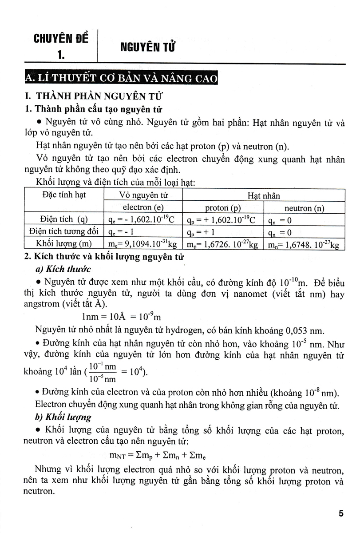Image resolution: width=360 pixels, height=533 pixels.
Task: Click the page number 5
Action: click(341, 513)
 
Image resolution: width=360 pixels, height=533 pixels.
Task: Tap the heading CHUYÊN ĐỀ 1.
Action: click(61, 46)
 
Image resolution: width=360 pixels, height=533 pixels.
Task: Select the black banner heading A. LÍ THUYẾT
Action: click(121, 79)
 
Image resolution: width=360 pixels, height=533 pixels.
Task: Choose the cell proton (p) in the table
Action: click(223, 207)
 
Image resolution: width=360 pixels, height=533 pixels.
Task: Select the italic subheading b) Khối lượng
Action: click(63, 417)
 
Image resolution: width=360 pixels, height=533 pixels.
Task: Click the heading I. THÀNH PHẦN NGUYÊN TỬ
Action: click(93, 96)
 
